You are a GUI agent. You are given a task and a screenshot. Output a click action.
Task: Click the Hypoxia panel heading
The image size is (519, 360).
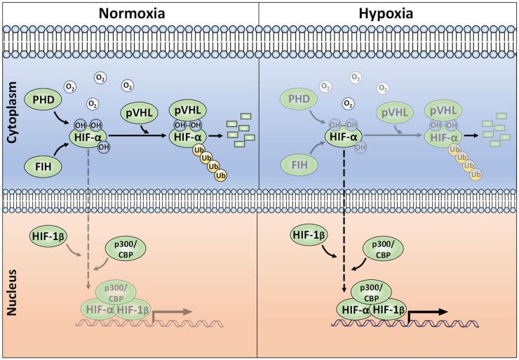[390, 13]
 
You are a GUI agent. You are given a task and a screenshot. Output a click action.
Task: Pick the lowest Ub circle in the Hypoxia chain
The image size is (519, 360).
[476, 173]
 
